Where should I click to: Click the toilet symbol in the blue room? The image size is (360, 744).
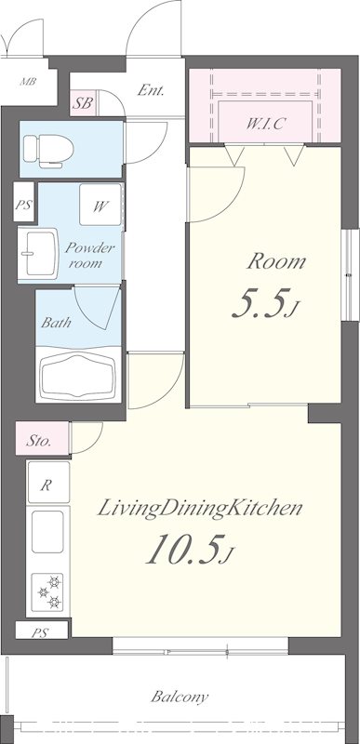(x=48, y=151)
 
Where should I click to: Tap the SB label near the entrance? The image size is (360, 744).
(x=83, y=103)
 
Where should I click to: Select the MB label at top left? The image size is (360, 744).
(x=28, y=81)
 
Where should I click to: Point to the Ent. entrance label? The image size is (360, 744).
(x=151, y=90)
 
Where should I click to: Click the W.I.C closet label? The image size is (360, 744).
(x=265, y=124)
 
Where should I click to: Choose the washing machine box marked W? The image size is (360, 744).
(x=100, y=205)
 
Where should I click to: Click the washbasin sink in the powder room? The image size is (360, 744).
(x=39, y=253)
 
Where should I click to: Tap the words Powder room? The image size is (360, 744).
(x=89, y=255)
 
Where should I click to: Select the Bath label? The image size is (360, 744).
(x=56, y=323)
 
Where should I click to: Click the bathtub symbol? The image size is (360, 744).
(x=79, y=376)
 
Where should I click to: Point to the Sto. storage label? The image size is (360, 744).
(x=38, y=441)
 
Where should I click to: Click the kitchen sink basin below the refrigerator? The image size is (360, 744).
(x=47, y=531)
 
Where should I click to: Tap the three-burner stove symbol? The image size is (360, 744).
(x=47, y=591)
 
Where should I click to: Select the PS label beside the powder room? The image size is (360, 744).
(x=23, y=206)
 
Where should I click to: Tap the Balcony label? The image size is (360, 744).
(x=180, y=697)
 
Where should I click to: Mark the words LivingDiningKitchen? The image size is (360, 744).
(x=200, y=509)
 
